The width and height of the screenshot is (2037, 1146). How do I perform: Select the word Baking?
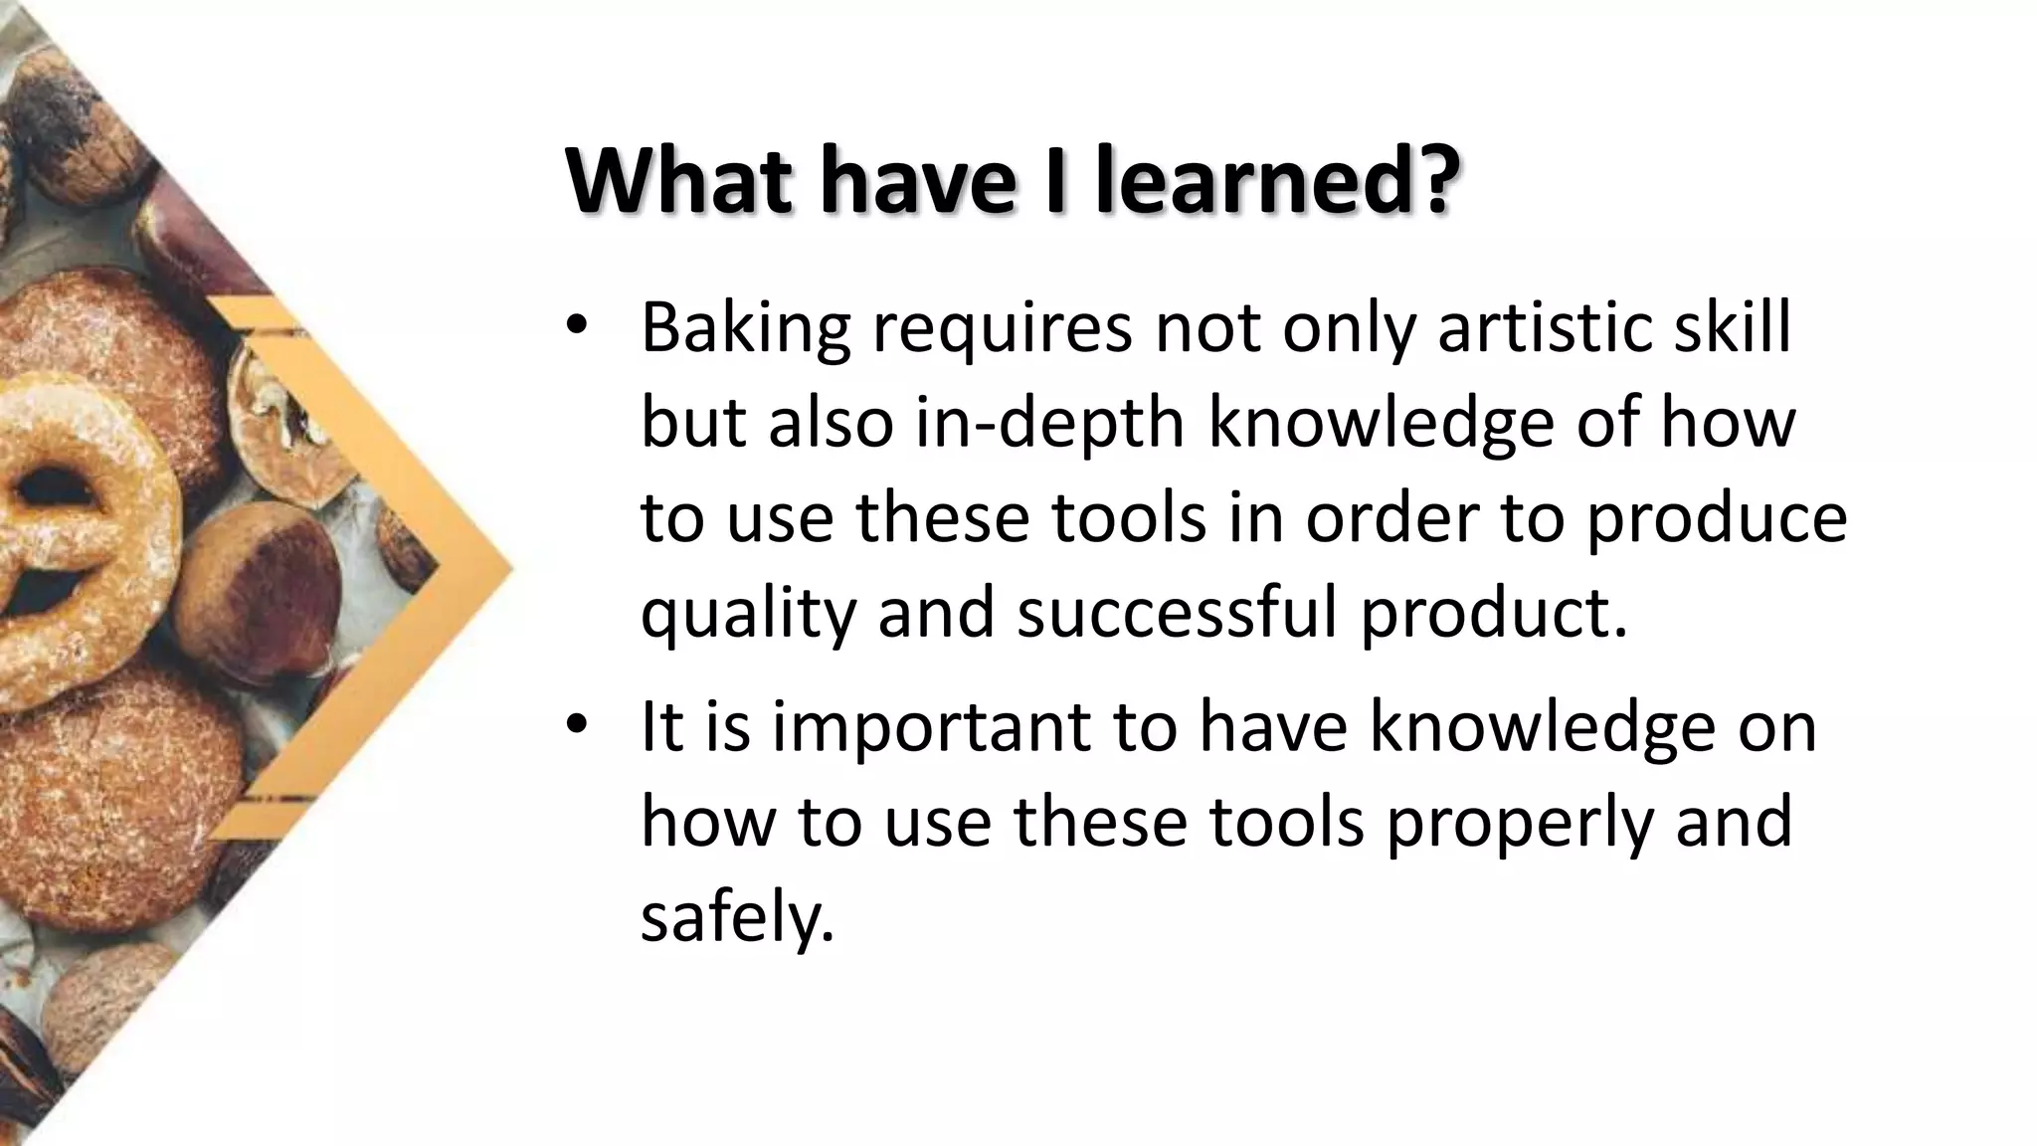click(x=745, y=329)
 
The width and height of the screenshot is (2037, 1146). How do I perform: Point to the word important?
click(x=930, y=728)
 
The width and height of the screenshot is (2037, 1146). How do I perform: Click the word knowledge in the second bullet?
click(x=1542, y=728)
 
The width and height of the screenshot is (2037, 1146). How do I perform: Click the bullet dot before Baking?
click(x=576, y=329)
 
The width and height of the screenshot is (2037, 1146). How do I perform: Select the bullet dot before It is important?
click(x=576, y=728)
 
